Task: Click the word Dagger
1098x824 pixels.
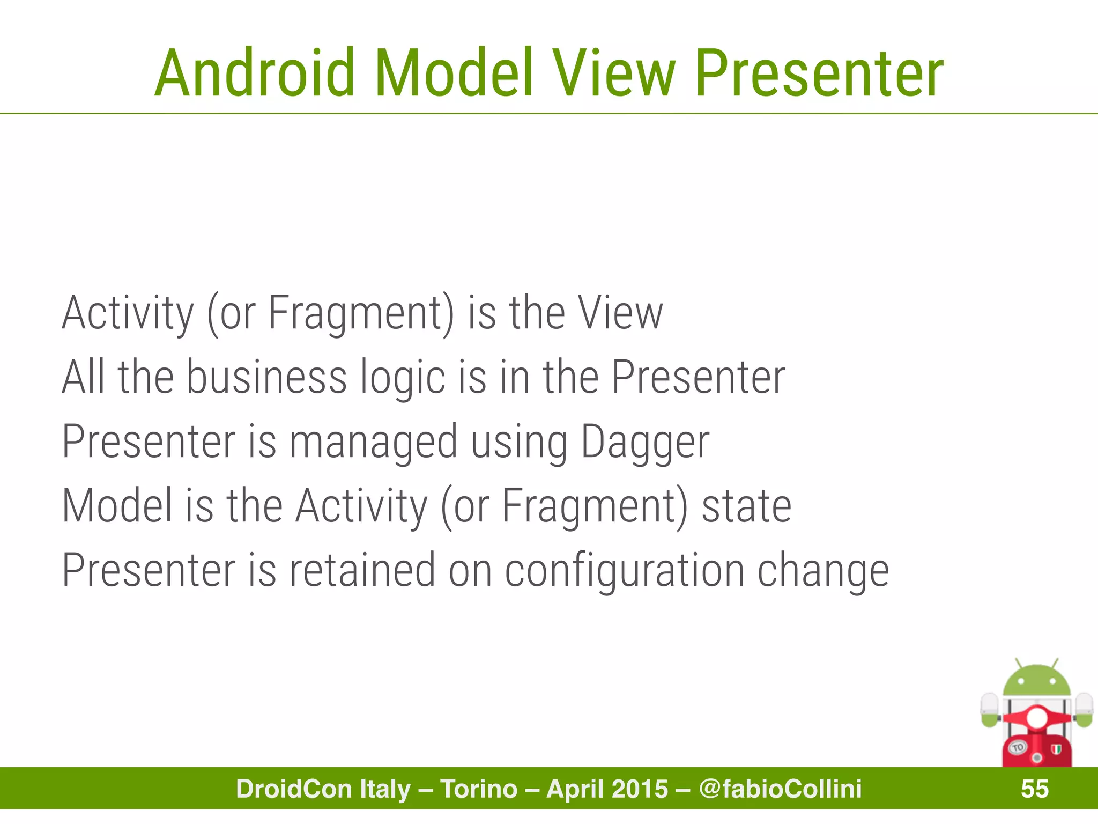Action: tap(645, 443)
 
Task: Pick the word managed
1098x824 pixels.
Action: tap(373, 443)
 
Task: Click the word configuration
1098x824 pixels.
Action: tap(624, 571)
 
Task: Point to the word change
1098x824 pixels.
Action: tap(823, 571)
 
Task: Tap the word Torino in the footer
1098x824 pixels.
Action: tap(479, 789)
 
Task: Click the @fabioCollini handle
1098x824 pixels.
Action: tap(781, 789)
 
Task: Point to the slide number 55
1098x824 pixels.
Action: tap(1035, 789)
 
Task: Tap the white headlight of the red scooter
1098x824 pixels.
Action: tap(1036, 718)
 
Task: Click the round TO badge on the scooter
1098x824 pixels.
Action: tap(1018, 747)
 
